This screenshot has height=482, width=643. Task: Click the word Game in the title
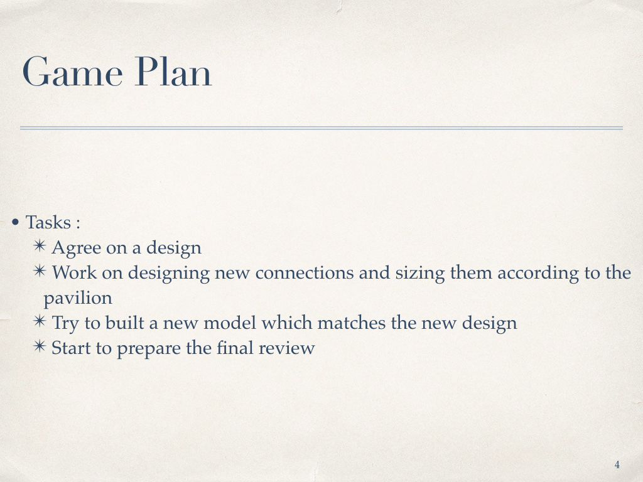pyautogui.click(x=73, y=72)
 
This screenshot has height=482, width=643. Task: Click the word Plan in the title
pyautogui.click(x=173, y=72)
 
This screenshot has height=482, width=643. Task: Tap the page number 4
pyautogui.click(x=617, y=465)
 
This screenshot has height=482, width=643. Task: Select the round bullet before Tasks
pyautogui.click(x=16, y=223)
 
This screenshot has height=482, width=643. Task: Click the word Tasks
pyautogui.click(x=48, y=222)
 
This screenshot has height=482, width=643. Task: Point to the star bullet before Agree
pyautogui.click(x=40, y=246)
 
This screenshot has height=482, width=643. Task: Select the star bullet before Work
pyautogui.click(x=40, y=271)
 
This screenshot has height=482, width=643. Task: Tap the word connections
pyautogui.click(x=305, y=272)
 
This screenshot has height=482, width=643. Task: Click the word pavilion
pyautogui.click(x=78, y=298)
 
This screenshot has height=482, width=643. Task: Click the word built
pyautogui.click(x=125, y=323)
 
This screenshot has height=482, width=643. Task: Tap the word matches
pyautogui.click(x=352, y=323)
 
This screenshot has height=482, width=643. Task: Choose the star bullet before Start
pyautogui.click(x=40, y=346)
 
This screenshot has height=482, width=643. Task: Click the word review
pyautogui.click(x=286, y=348)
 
